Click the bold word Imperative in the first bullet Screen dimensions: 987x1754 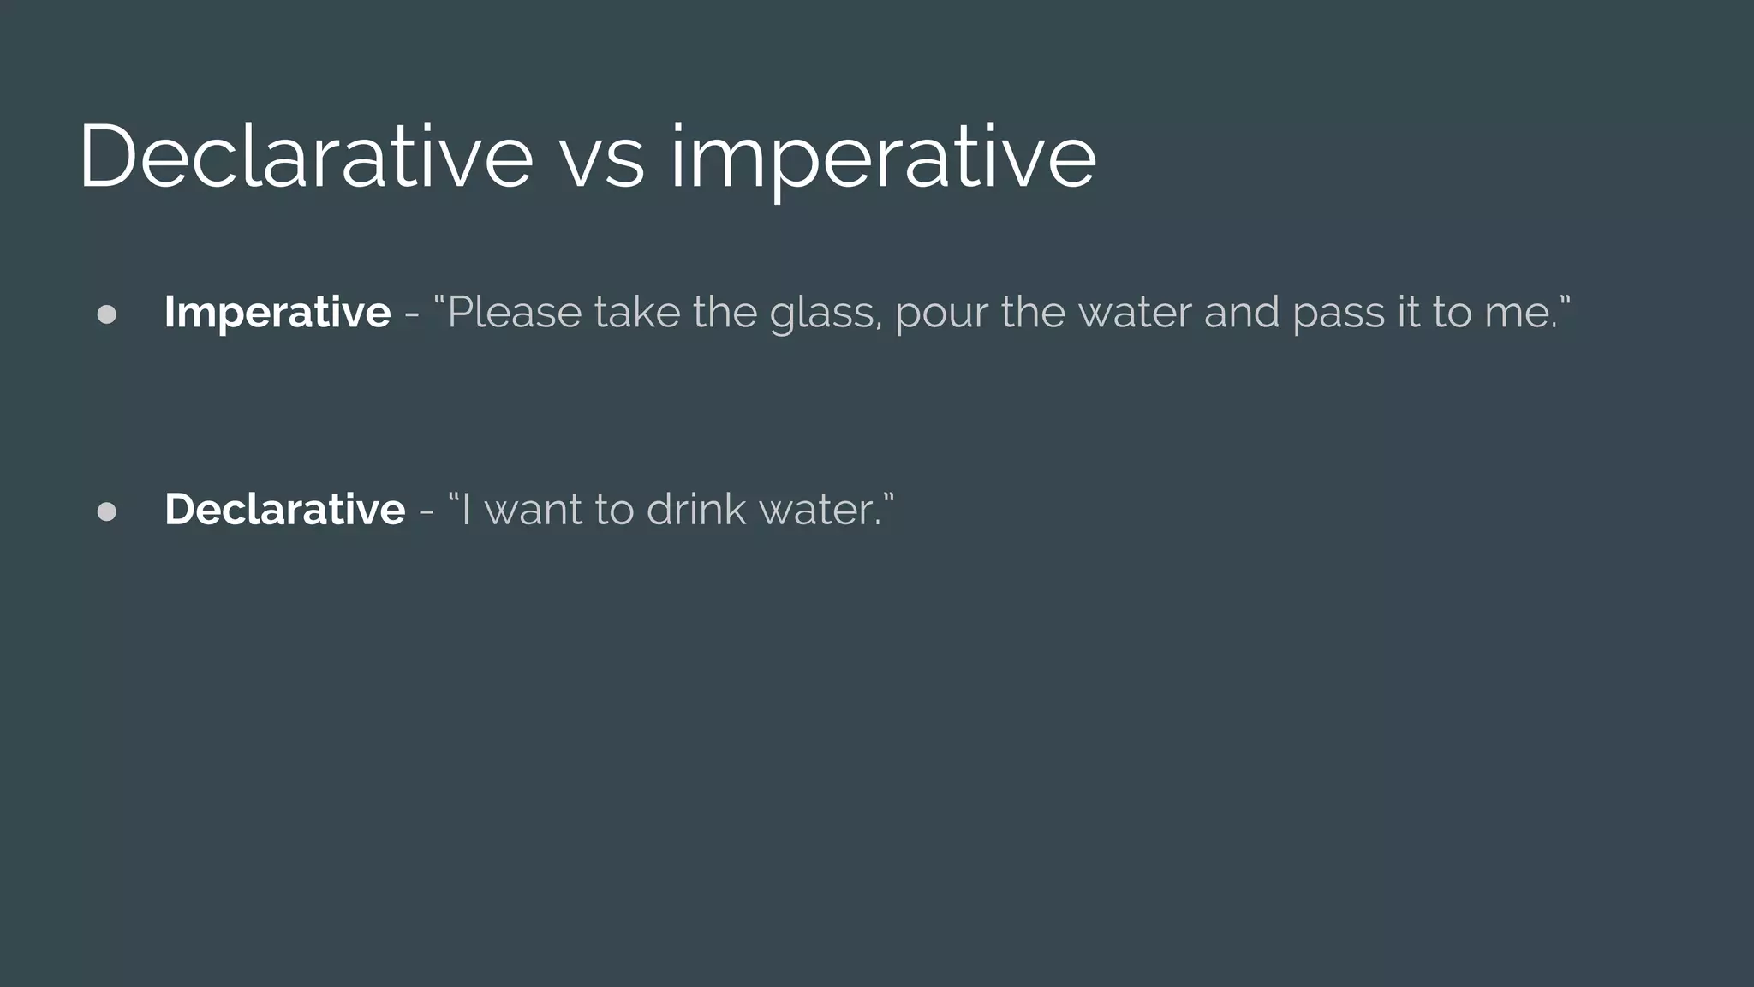click(277, 312)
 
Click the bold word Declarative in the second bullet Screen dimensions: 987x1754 click(284, 509)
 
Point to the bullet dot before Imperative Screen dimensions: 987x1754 click(107, 314)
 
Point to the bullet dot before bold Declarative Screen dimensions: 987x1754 click(107, 511)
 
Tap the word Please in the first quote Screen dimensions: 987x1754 click(515, 312)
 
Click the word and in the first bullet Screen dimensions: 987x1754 click(1241, 312)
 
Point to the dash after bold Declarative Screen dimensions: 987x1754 click(426, 511)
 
